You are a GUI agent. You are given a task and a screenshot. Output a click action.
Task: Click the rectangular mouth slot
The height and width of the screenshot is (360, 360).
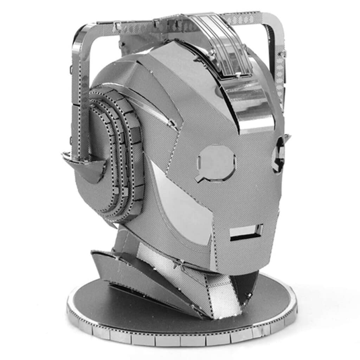[x=246, y=232]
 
